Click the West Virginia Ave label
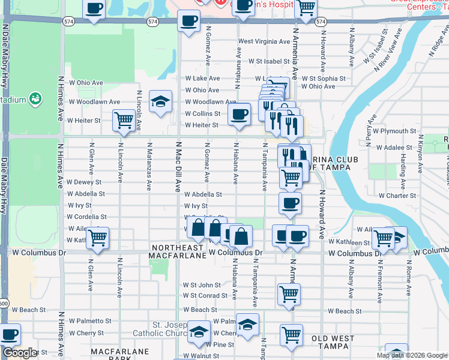(264, 41)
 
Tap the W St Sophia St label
(324, 79)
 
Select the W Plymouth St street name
(394, 131)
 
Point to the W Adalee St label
(396, 147)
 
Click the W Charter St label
(397, 196)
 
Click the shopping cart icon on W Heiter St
(124, 119)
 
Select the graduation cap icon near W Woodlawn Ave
(161, 101)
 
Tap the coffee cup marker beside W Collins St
(240, 113)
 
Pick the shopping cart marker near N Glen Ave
(97, 237)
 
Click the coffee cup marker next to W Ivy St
(290, 203)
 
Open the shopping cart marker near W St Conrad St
(289, 294)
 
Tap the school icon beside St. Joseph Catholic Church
(199, 332)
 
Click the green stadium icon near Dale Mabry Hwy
(35, 98)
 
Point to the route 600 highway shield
(4, 304)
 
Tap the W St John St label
(202, 285)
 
